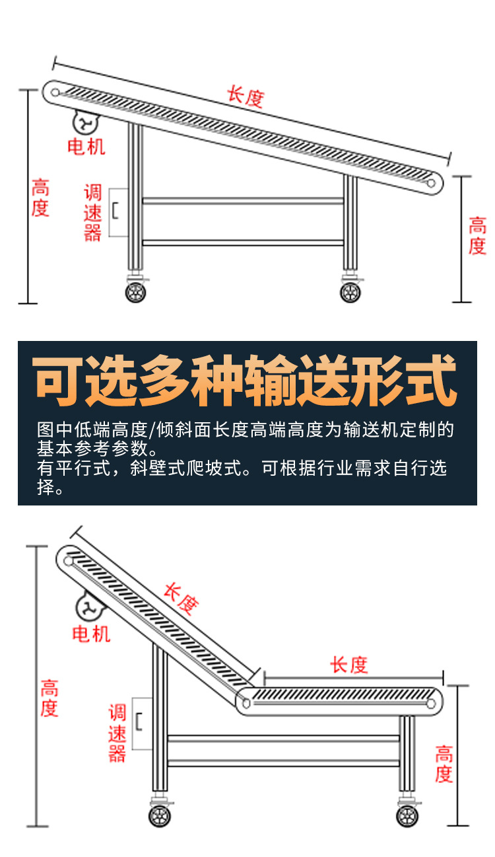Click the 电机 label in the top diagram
(86, 146)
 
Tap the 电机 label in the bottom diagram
(91, 634)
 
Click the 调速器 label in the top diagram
(93, 213)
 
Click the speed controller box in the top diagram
(118, 212)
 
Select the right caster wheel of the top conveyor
(350, 291)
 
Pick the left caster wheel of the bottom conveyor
(160, 816)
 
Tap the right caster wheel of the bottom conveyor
(407, 815)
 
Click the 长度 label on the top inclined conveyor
(246, 97)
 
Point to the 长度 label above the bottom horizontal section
(349, 665)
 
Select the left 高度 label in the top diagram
(40, 198)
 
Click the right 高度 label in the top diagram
(477, 235)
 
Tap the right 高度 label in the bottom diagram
(444, 764)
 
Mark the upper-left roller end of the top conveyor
(55, 92)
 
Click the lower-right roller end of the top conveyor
(432, 182)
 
